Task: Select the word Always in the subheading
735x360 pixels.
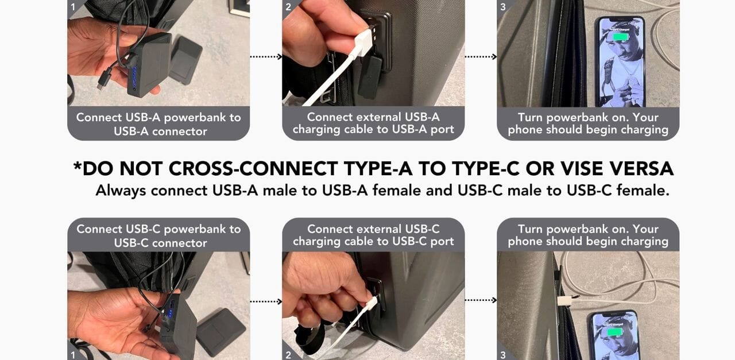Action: [x=121, y=191]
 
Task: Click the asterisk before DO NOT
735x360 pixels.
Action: [x=78, y=165]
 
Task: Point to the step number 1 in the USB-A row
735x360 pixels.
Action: [x=73, y=7]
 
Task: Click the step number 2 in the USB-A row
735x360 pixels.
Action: [x=288, y=7]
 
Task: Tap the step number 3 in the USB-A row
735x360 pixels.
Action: [x=503, y=7]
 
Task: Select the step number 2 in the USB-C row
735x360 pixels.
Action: [x=288, y=355]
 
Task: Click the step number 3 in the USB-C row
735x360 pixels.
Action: [x=503, y=355]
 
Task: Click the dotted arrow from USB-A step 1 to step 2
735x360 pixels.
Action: [x=266, y=57]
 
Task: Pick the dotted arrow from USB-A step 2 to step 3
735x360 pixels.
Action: [x=481, y=57]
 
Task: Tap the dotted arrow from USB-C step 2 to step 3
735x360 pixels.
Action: [x=481, y=300]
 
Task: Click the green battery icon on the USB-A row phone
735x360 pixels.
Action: [x=620, y=37]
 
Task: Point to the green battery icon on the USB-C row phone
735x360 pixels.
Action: [x=614, y=332]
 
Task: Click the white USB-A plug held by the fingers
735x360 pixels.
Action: [x=363, y=43]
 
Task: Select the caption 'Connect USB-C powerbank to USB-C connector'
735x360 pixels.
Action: [x=159, y=235]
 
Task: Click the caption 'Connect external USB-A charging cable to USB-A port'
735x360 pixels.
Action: [x=373, y=123]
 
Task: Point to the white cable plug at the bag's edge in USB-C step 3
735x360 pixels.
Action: [x=564, y=301]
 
